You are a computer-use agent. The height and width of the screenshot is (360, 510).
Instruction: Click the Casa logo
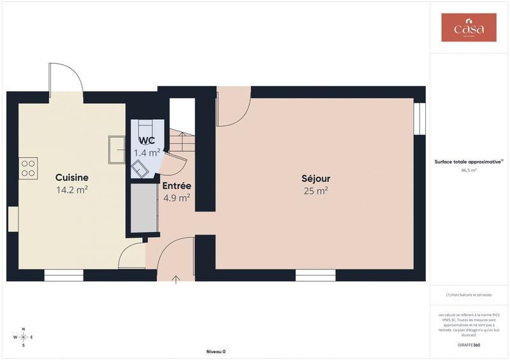click(x=469, y=28)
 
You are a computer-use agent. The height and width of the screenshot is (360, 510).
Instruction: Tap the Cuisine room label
click(x=71, y=177)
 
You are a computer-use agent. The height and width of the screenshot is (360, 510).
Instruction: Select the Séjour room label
click(x=316, y=178)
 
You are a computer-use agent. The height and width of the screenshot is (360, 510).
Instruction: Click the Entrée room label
click(x=176, y=185)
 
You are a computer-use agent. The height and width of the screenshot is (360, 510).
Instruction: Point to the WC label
click(x=147, y=140)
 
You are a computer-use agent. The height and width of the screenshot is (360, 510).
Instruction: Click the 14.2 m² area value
click(x=71, y=189)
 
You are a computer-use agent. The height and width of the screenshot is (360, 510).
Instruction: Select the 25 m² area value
click(x=316, y=191)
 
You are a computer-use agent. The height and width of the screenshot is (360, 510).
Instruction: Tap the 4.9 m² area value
click(x=176, y=198)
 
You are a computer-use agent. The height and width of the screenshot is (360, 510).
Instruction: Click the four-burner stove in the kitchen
click(x=29, y=168)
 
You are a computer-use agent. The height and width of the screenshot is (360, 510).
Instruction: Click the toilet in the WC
click(x=140, y=169)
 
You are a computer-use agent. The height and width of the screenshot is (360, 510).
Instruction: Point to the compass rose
click(x=24, y=336)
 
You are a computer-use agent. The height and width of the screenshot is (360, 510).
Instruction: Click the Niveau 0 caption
click(x=216, y=352)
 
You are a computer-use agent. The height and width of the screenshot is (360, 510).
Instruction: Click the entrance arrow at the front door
click(x=177, y=279)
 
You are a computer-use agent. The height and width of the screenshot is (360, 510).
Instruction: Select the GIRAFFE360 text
click(x=469, y=345)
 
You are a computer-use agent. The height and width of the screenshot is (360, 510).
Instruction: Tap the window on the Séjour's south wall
click(x=316, y=275)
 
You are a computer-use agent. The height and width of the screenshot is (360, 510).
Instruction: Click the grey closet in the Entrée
click(x=144, y=209)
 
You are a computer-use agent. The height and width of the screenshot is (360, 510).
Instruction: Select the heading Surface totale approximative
click(x=469, y=162)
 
